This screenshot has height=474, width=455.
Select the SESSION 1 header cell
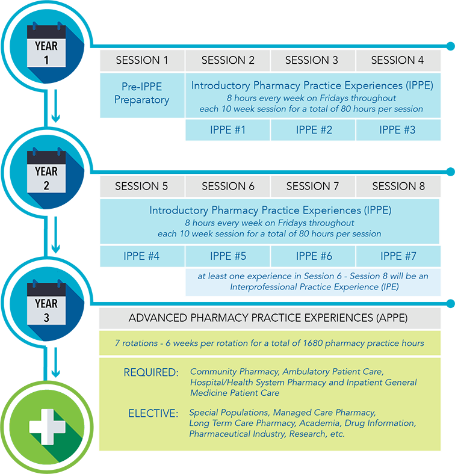point(142,60)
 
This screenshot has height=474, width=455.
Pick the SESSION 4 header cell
point(397,60)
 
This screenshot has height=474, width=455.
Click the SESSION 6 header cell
point(228,186)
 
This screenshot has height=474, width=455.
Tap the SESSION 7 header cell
point(312,186)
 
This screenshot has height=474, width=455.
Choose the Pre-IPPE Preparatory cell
point(142,93)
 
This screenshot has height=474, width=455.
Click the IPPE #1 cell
point(228,130)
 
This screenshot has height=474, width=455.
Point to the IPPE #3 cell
point(397,130)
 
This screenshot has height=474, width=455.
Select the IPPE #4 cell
point(142,256)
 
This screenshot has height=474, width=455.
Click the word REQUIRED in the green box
point(151,373)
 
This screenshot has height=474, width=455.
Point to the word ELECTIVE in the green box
point(153,413)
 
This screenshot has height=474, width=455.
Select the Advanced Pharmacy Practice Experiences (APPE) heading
point(276,318)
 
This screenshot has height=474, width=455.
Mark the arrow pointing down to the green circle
point(55,368)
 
